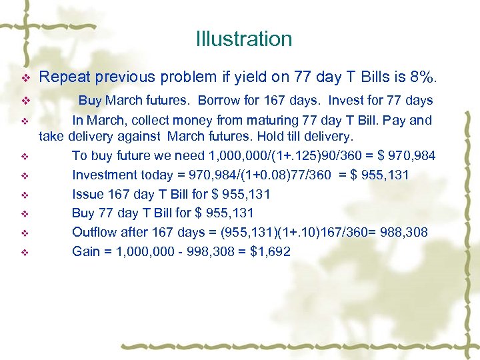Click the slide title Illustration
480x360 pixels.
[x=244, y=39]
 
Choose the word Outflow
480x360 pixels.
[x=93, y=232]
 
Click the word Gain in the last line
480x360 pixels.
[x=86, y=251]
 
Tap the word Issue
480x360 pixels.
[x=87, y=194]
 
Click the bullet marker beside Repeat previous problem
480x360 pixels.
[x=25, y=78]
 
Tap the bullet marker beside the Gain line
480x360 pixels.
[x=25, y=252]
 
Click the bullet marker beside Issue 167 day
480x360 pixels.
[x=25, y=195]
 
